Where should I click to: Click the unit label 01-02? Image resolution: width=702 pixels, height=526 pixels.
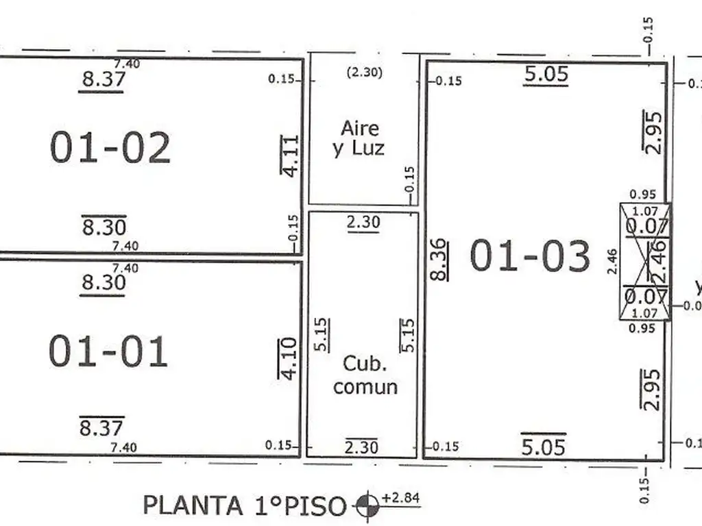[x=110, y=148]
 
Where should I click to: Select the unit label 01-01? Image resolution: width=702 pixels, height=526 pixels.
[x=108, y=351]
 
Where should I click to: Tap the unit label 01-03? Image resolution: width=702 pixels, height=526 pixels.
[x=529, y=256]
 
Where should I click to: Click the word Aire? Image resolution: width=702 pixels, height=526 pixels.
[x=360, y=128]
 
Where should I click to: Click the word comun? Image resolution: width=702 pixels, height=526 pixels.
[x=365, y=386]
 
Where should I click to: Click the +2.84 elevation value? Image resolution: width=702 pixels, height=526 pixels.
[x=401, y=498]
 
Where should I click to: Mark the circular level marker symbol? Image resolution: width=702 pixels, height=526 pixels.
[x=367, y=506]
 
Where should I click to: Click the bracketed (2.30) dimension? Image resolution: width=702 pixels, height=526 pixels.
[x=364, y=72]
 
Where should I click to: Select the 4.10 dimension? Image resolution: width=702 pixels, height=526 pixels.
[x=289, y=358]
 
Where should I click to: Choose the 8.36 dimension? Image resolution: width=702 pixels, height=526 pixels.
[x=439, y=259]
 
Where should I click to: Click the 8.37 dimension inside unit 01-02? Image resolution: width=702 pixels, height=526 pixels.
[x=104, y=79]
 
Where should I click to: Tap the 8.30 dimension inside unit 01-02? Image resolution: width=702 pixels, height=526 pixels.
[x=104, y=227]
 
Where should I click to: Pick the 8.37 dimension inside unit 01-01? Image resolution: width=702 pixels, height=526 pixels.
[x=101, y=428]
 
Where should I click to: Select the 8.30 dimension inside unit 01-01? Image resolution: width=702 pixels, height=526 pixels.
[x=103, y=282]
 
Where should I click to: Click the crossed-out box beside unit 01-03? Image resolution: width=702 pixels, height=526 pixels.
[x=644, y=262]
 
